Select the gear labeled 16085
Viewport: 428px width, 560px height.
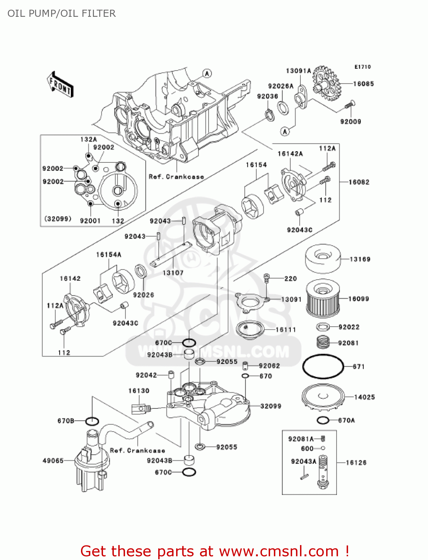click(x=325, y=83)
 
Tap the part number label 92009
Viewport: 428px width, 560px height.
click(x=350, y=122)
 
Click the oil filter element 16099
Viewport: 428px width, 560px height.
click(x=323, y=299)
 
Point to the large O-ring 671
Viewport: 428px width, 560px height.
click(x=323, y=366)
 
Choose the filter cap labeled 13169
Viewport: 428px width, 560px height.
click(x=322, y=258)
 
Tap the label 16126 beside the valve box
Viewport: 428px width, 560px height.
click(x=356, y=463)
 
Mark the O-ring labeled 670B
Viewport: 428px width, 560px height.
click(x=92, y=421)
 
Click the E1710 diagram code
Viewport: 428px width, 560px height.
click(x=362, y=67)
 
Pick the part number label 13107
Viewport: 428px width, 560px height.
click(x=173, y=273)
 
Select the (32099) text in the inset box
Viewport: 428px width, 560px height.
click(x=58, y=219)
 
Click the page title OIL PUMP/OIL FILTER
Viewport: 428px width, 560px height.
click(x=62, y=13)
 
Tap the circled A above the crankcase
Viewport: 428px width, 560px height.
click(x=207, y=74)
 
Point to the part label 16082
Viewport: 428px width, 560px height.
click(x=359, y=182)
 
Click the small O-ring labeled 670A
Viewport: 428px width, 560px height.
click(x=323, y=420)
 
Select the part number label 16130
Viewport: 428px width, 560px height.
click(x=139, y=391)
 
